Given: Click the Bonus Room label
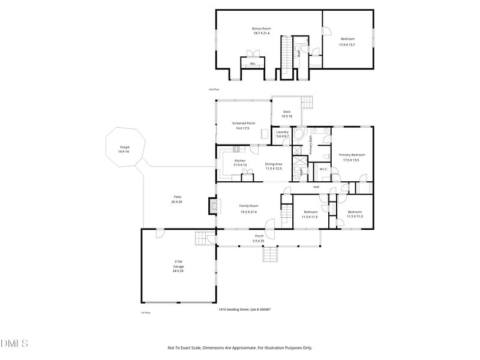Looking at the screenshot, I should tap(261, 31).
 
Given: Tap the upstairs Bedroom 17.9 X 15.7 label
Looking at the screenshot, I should tap(347, 41).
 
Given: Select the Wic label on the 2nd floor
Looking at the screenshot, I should tap(253, 63).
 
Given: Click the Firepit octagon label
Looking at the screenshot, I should tap(125, 149).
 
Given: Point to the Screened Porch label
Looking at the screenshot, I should tap(244, 125).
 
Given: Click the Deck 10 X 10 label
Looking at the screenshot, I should tap(287, 113).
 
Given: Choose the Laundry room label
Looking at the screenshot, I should tap(283, 134).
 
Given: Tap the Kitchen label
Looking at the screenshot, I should tap(240, 163).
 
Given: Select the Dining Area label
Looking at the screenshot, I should tap(274, 166).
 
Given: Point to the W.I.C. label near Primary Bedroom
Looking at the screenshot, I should tap(323, 169).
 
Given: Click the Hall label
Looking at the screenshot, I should tap(316, 187).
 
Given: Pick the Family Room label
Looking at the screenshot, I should tap(248, 209).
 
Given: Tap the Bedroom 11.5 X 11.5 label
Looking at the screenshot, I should tap(311, 214).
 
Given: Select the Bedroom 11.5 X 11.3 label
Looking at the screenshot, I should tap(355, 214).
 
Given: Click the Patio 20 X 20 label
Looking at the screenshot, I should tap(177, 199).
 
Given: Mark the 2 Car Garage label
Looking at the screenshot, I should tap(179, 266).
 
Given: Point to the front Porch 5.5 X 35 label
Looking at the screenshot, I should tap(259, 238).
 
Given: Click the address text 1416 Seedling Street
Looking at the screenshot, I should tap(245, 309).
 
